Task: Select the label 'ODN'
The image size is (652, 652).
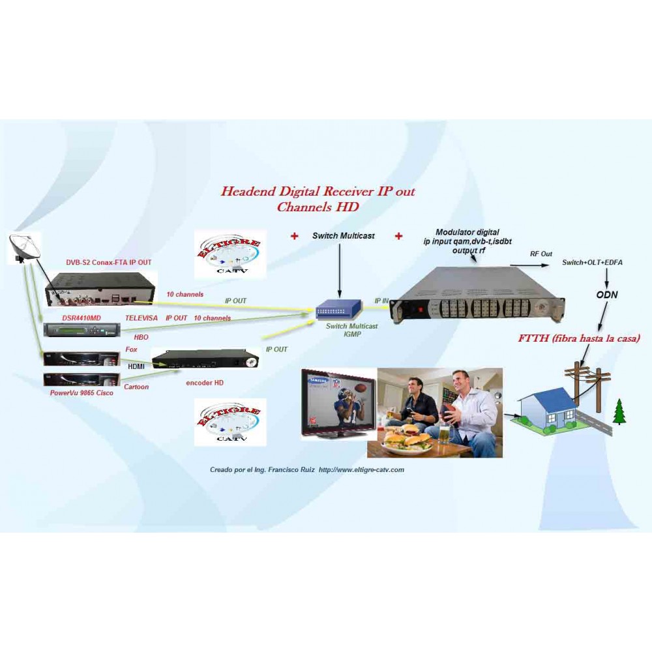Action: (606, 295)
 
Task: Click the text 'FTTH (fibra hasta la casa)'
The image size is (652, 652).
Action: (578, 338)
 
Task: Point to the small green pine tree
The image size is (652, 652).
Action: (619, 412)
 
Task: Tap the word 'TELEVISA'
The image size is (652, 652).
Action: (141, 318)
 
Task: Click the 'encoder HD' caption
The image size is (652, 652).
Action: (204, 383)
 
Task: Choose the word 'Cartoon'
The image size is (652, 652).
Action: (136, 387)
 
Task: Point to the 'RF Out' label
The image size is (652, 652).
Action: (541, 254)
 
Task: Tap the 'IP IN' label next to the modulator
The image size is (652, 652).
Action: (381, 301)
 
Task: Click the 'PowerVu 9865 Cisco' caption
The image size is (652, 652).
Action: (81, 393)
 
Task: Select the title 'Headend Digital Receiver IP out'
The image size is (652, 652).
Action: (318, 192)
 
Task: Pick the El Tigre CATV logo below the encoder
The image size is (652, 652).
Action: (231, 421)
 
